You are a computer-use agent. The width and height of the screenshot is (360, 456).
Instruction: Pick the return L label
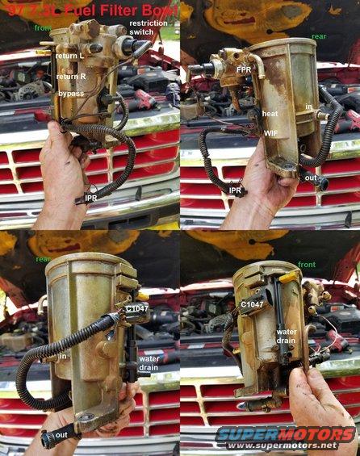click(70, 56)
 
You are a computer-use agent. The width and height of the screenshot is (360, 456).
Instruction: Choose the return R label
click(71, 77)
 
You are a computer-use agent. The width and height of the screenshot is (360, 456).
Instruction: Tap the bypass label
click(71, 94)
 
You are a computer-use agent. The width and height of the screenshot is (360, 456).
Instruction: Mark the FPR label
click(244, 70)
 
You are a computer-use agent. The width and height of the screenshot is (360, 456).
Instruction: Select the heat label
click(271, 115)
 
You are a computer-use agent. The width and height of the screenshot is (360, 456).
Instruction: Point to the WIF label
click(272, 131)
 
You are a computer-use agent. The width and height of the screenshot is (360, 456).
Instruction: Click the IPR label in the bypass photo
click(92, 198)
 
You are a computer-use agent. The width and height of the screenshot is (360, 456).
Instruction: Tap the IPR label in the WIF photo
click(236, 191)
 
